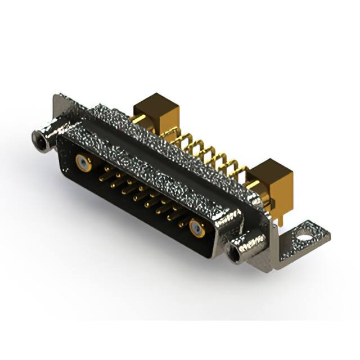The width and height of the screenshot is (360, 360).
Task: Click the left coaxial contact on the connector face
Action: [83, 163]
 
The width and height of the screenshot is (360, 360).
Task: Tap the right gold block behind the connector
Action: [273, 180]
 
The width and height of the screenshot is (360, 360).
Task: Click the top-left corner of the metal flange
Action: [56, 97]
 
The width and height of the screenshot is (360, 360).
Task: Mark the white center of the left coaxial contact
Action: [83, 163]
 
